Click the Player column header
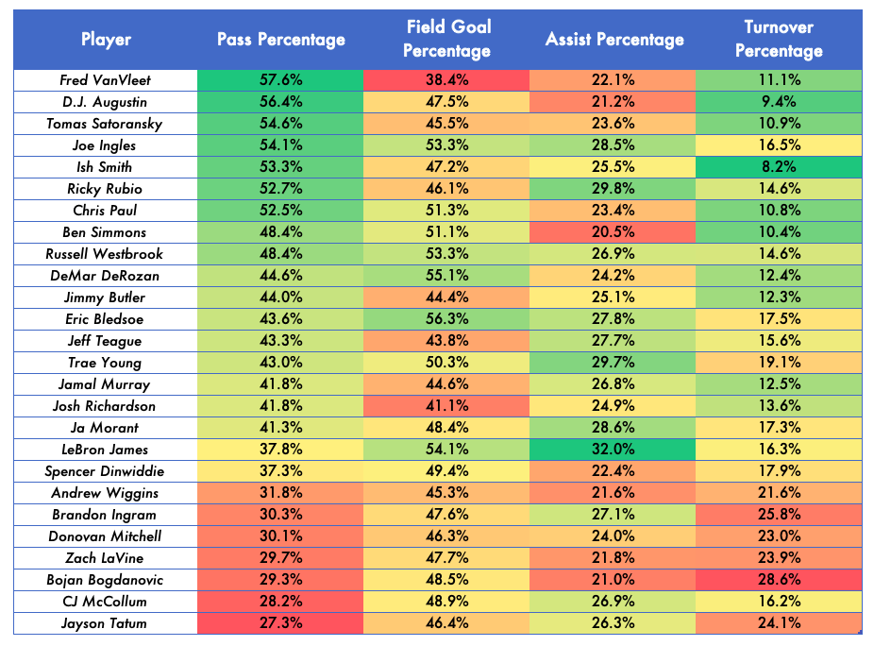106,39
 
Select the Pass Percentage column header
281,39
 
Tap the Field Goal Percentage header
447,39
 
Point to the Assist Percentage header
614,39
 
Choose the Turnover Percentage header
779,39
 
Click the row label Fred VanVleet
106,80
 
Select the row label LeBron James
106,450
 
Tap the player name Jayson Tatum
104,623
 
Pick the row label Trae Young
105,363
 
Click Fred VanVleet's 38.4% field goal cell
446,80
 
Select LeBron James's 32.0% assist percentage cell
613,450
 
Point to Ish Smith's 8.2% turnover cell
779,167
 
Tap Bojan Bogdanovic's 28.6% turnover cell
779,580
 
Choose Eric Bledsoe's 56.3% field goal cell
446,319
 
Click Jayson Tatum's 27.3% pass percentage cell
280,623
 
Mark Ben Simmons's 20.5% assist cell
613,232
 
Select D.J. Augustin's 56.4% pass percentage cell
280,102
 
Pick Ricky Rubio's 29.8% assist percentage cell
613,189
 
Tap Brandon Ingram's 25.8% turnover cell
779,515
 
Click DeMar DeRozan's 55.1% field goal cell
446,276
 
